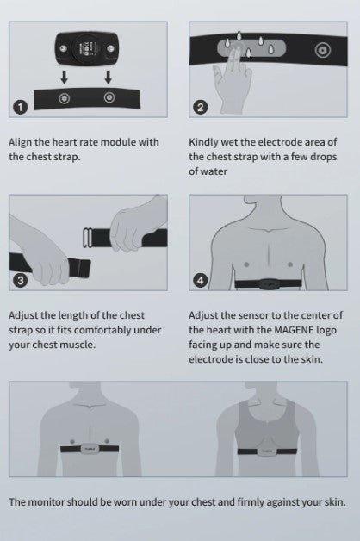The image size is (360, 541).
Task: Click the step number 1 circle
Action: coord(21,108)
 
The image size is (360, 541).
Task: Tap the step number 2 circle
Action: coord(200,108)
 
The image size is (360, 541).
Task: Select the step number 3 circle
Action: coord(21,281)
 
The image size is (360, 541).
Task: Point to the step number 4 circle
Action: coord(201,280)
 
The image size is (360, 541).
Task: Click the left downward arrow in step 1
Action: coord(65,78)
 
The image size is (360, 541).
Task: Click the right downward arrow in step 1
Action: coord(109,78)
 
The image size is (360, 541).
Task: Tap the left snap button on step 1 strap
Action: coord(64,98)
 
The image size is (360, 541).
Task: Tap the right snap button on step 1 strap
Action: coord(109,97)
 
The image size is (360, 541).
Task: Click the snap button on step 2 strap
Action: coord(323,50)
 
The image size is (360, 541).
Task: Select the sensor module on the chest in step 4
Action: coord(269,284)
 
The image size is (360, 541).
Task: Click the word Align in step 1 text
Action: coord(19,142)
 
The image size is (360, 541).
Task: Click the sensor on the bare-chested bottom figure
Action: coord(90,449)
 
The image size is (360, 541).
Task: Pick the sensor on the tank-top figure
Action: coord(267,451)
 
